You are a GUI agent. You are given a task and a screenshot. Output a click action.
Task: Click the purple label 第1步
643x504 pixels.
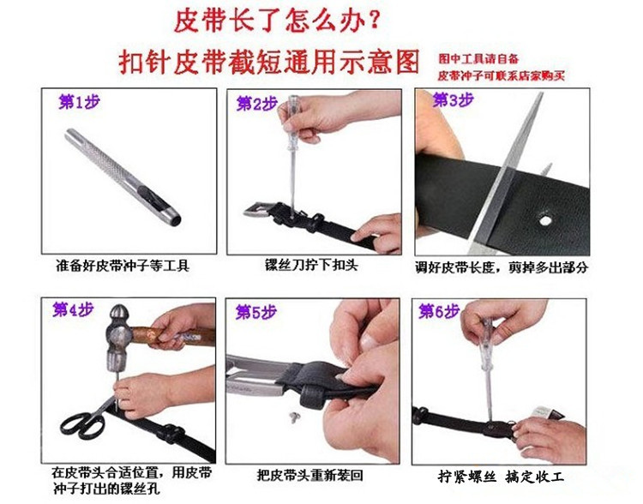[79, 102]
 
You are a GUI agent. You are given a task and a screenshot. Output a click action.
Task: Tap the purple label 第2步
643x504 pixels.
[256, 104]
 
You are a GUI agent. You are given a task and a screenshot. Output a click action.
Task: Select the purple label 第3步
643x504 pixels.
[454, 99]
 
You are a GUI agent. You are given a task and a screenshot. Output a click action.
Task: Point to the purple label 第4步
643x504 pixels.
[73, 309]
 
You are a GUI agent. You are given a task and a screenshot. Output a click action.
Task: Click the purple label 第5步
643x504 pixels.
[255, 313]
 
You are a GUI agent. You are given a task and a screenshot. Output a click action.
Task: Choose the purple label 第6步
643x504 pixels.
[439, 311]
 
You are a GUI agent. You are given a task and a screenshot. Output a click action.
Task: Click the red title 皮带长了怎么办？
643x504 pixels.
[276, 21]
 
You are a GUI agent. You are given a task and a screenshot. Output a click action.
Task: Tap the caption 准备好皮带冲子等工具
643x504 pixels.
[123, 266]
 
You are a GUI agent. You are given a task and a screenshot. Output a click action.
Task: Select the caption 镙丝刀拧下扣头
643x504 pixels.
[311, 265]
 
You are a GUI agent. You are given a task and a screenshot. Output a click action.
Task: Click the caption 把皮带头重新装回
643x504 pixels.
[310, 476]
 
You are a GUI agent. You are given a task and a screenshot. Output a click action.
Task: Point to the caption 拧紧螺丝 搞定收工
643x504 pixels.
[501, 477]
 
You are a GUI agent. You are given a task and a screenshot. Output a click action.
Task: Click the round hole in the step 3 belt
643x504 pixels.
[545, 220]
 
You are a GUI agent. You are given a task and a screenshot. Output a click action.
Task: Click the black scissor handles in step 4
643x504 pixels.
[82, 426]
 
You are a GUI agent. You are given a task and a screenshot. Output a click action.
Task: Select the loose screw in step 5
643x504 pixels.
[294, 417]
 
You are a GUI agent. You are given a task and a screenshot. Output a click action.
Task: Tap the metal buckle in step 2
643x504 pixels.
[256, 210]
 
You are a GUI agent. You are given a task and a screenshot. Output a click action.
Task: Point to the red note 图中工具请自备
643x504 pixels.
[478, 59]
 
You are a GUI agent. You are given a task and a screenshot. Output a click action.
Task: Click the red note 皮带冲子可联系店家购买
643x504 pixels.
[502, 75]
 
